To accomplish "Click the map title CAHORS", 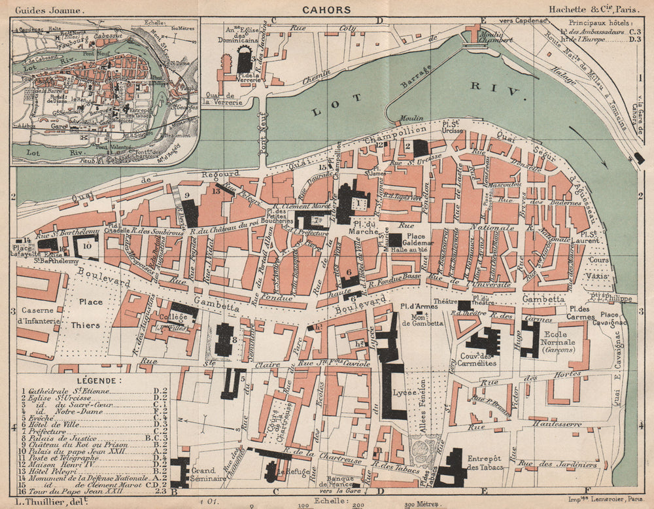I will tap(326, 9).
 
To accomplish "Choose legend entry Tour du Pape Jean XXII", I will tap(69, 489).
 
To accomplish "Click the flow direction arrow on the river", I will tap(578, 138).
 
